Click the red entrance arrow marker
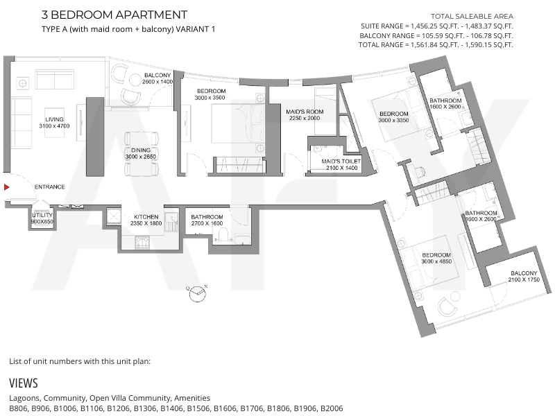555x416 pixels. coord(7,187)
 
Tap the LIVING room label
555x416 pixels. coord(54,119)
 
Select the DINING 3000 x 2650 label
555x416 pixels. coord(141,153)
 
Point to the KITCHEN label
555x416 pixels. coord(146,217)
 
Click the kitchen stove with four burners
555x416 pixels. coord(142,242)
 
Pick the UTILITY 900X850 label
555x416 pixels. coord(42,218)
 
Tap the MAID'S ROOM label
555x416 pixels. coord(305,112)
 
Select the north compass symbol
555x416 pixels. coord(197,293)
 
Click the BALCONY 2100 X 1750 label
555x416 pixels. coord(524,276)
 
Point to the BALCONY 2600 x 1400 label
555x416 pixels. coord(157,78)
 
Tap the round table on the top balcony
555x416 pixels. coord(135,80)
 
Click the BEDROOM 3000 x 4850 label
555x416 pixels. coord(436,258)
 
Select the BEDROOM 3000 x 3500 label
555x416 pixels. coord(211,94)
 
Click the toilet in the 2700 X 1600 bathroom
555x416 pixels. coord(223,235)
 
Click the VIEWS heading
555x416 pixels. coord(24,383)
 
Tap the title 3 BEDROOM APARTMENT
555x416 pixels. coord(114,15)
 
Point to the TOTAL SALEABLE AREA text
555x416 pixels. coord(472,16)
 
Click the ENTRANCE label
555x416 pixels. coord(49,187)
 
